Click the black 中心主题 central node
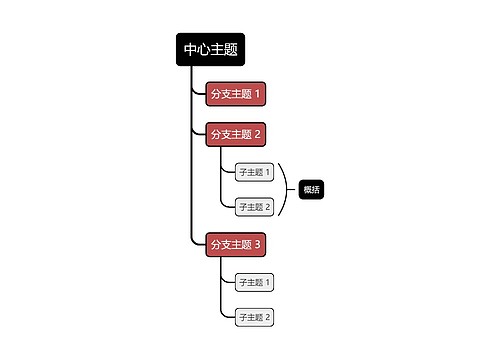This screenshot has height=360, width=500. pos(210,50)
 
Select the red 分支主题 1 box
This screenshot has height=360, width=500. pos(235,94)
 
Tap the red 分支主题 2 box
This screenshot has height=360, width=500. pos(235,134)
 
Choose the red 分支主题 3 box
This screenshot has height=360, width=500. pos(235,244)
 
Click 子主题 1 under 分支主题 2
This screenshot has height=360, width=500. pos(254,172)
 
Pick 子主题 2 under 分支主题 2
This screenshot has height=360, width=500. pos(254,207)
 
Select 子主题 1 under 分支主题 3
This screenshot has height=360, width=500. pos(254,282)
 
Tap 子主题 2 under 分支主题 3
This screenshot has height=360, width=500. pos(254,317)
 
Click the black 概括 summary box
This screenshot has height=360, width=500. pos(311,189)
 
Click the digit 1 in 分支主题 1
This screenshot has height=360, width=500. pos(258,94)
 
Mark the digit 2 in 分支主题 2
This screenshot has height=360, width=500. pos(258,134)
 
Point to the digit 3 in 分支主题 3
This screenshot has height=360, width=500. pos(258,244)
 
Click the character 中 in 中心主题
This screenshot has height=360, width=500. pos(190,50)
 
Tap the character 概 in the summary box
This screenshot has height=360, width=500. pos(307,189)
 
